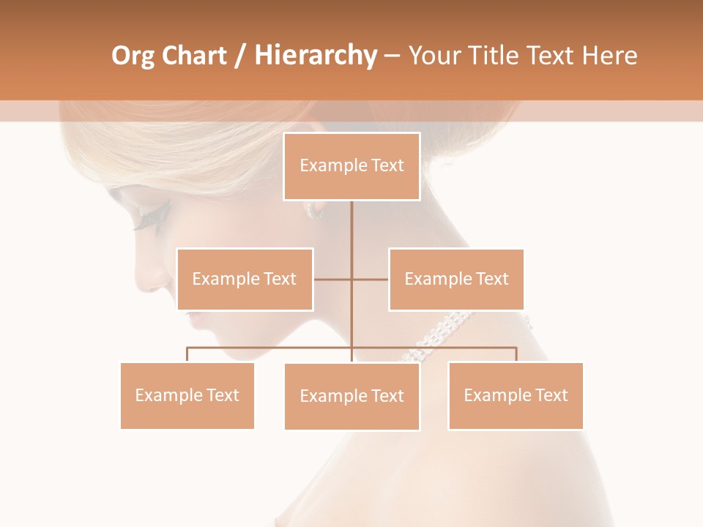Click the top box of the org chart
click(x=351, y=166)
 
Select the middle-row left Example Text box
click(x=245, y=279)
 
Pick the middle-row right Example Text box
click(x=456, y=279)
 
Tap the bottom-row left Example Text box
click(x=187, y=395)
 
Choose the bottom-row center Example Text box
click(x=351, y=396)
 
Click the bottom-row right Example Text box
click(x=516, y=395)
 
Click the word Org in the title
click(x=133, y=56)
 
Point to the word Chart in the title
click(x=193, y=56)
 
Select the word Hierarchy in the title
click(x=315, y=56)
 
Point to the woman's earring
click(x=313, y=210)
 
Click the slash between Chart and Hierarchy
click(x=240, y=56)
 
